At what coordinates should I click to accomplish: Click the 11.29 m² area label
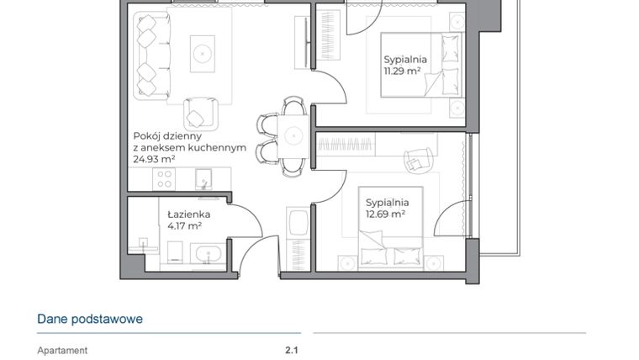pyautogui.click(x=402, y=71)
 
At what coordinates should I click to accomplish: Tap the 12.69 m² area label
pyautogui.click(x=385, y=214)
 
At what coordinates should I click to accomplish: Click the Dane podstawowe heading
pyautogui.click(x=90, y=319)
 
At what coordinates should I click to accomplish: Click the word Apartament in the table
pyautogui.click(x=62, y=351)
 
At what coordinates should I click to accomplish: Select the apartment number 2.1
pyautogui.click(x=292, y=351)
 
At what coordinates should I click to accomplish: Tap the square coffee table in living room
pyautogui.click(x=203, y=52)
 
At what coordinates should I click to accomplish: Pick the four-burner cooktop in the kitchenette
pyautogui.click(x=165, y=178)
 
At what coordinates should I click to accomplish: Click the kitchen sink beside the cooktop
pyautogui.click(x=203, y=177)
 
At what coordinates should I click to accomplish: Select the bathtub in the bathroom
pyautogui.click(x=205, y=255)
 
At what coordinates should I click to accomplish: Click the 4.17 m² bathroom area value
pyautogui.click(x=183, y=225)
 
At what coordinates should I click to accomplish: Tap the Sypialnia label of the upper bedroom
pyautogui.click(x=405, y=60)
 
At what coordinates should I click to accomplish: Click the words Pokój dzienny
pyautogui.click(x=166, y=135)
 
